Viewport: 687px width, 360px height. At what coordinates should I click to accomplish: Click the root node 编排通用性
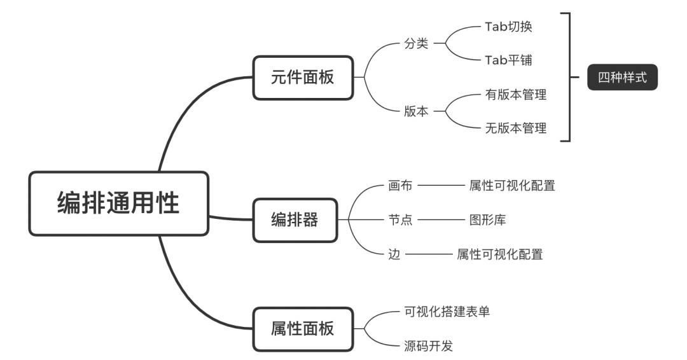point(119,204)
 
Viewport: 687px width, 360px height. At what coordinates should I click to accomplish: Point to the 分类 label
point(417,45)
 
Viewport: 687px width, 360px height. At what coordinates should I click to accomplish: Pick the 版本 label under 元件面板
point(417,111)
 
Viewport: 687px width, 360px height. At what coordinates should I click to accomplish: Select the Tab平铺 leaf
point(508,60)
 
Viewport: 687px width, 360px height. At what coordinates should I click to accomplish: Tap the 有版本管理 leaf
point(516,95)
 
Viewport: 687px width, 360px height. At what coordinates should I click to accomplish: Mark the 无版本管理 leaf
point(516,128)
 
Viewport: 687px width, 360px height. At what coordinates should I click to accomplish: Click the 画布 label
point(400,186)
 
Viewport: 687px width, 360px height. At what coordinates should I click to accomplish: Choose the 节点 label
point(400,220)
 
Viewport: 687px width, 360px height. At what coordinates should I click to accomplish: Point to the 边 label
point(394,254)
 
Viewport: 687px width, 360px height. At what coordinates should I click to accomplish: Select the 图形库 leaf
point(488,220)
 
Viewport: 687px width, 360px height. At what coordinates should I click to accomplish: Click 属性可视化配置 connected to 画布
point(512,186)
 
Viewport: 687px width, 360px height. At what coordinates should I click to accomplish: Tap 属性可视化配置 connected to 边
point(500,254)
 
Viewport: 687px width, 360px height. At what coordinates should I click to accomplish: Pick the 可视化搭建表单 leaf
point(447,312)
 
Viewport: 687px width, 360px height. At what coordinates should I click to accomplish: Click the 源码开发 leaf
point(428,347)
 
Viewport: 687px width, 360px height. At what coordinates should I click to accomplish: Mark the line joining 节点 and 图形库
point(441,221)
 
